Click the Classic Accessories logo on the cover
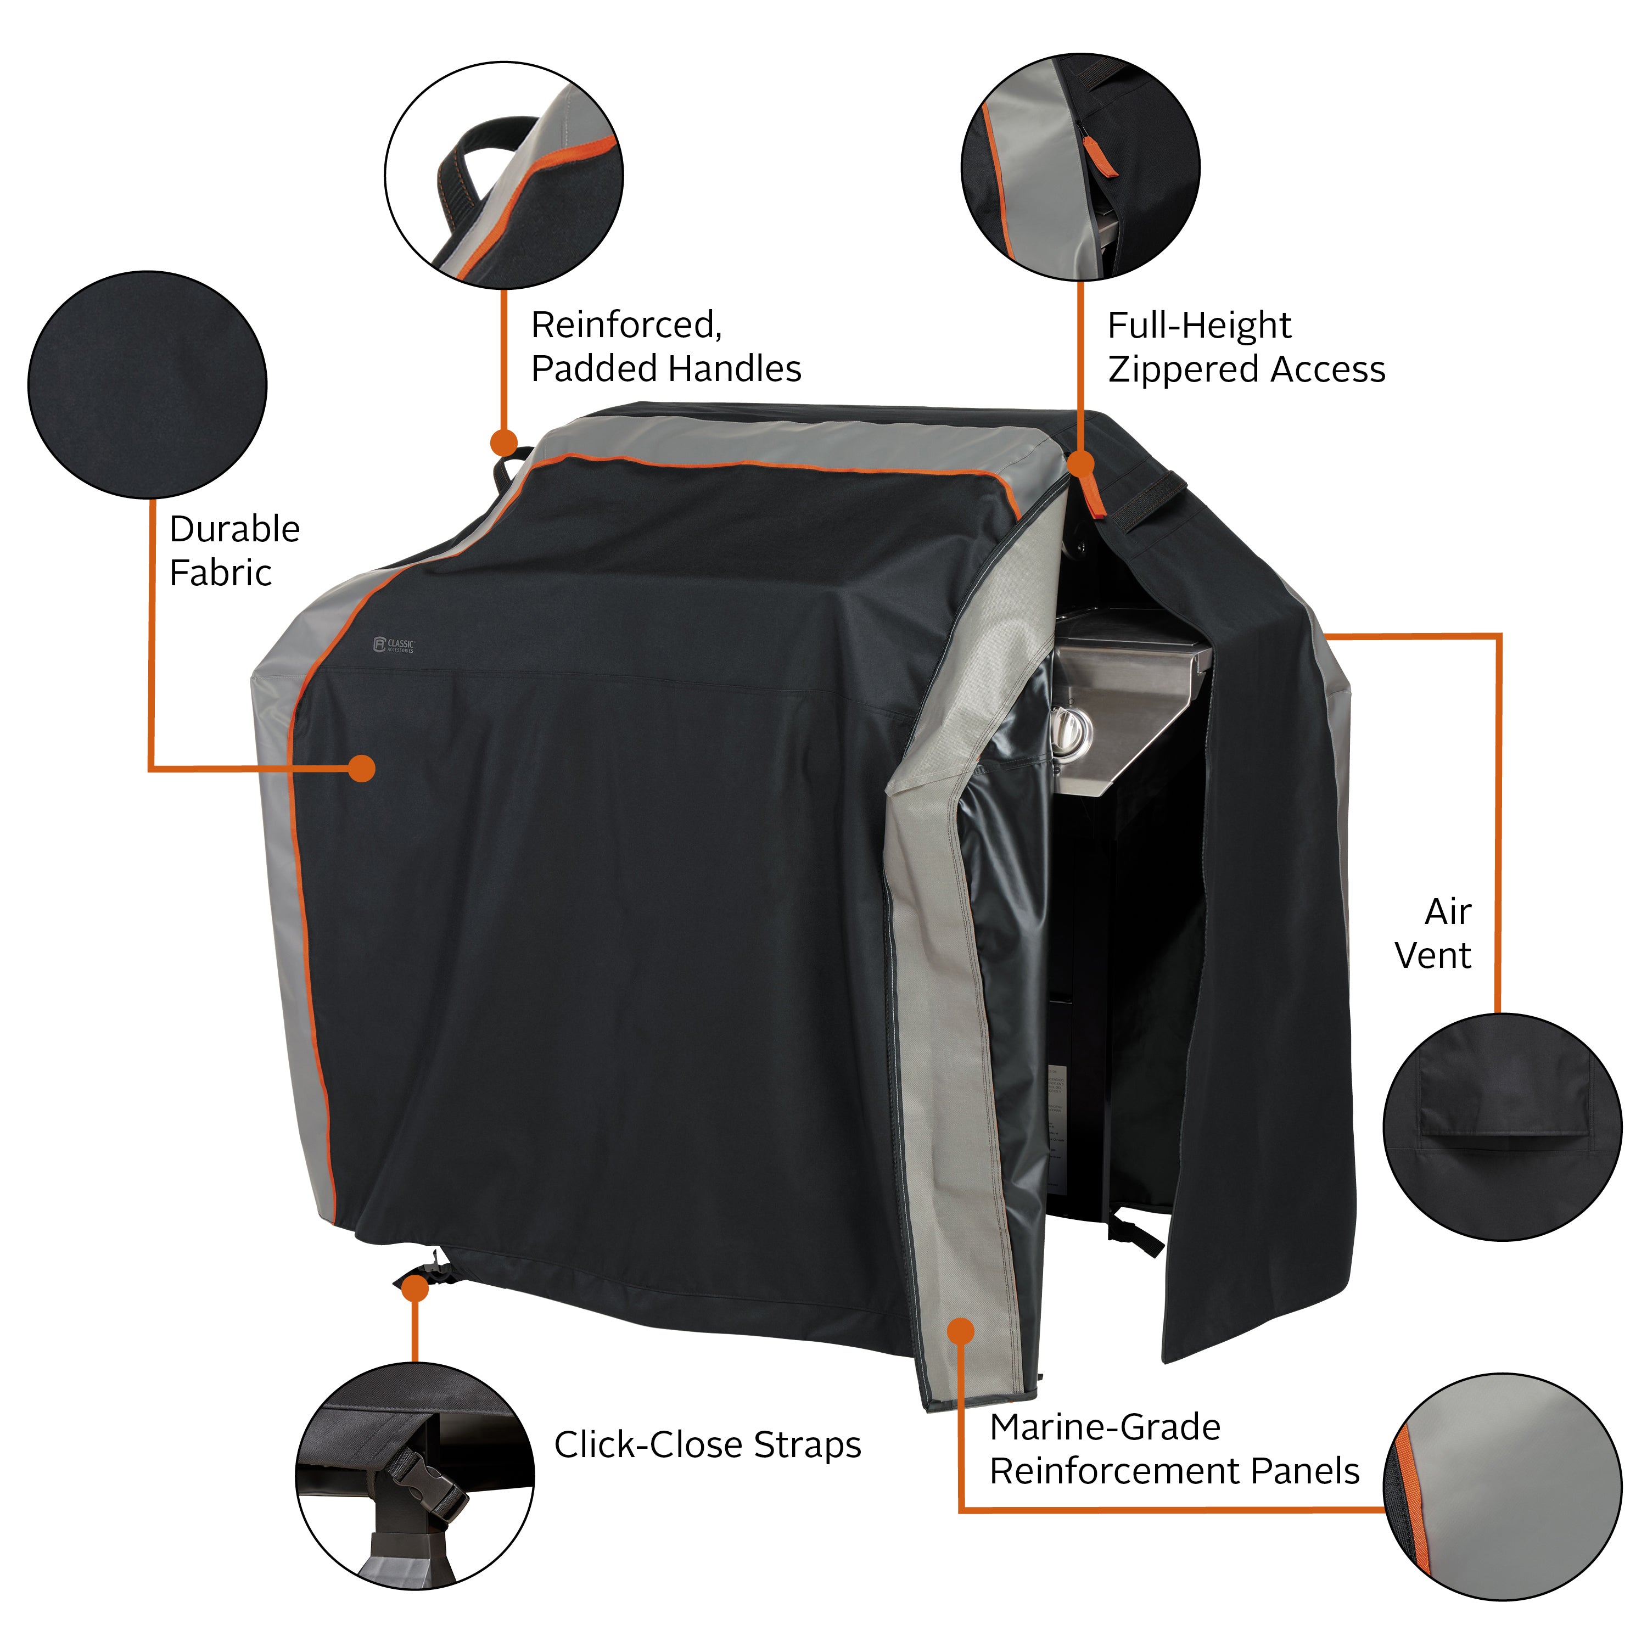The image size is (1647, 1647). (393, 645)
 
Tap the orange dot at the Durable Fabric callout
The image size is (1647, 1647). (362, 768)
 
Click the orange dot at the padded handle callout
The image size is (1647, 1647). (504, 442)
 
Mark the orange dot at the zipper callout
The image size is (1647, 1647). (1080, 464)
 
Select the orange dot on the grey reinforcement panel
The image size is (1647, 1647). (961, 1331)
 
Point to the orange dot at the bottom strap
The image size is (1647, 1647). (414, 1289)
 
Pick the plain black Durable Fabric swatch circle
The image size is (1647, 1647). (148, 384)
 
